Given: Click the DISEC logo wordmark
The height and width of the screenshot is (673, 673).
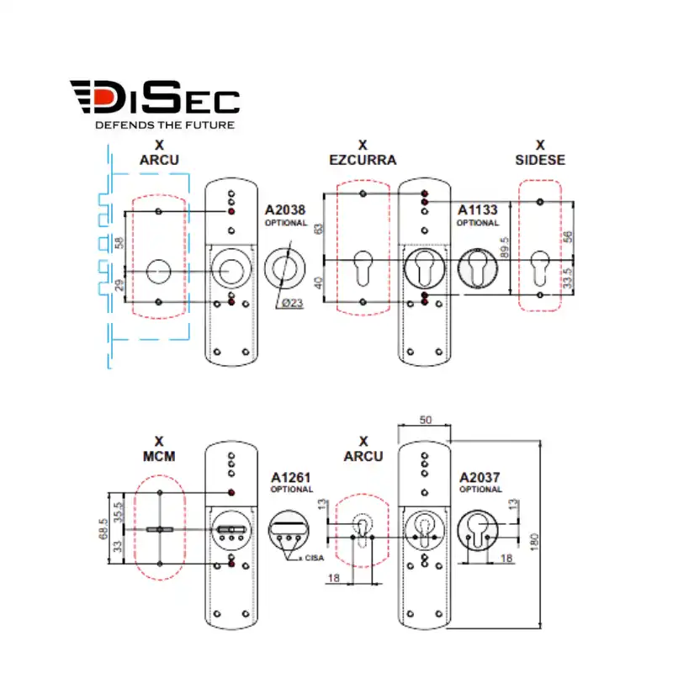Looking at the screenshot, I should pos(154,99).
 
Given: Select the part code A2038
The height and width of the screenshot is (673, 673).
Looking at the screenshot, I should pos(284,211).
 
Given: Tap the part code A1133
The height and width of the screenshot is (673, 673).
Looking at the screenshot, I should pos(477,211).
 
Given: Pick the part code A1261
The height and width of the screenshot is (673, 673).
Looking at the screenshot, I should pos(291,478).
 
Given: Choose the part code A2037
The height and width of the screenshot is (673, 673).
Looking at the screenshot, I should pos(480,478).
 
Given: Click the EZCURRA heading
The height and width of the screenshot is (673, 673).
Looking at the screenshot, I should pos(363,160).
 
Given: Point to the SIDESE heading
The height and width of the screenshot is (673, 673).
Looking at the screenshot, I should pos(540,160).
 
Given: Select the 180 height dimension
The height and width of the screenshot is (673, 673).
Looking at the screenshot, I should pos(536,538).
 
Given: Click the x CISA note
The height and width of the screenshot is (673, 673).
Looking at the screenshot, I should pos(313,558).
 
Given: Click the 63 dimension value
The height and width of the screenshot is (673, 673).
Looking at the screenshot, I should pos(318,229).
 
